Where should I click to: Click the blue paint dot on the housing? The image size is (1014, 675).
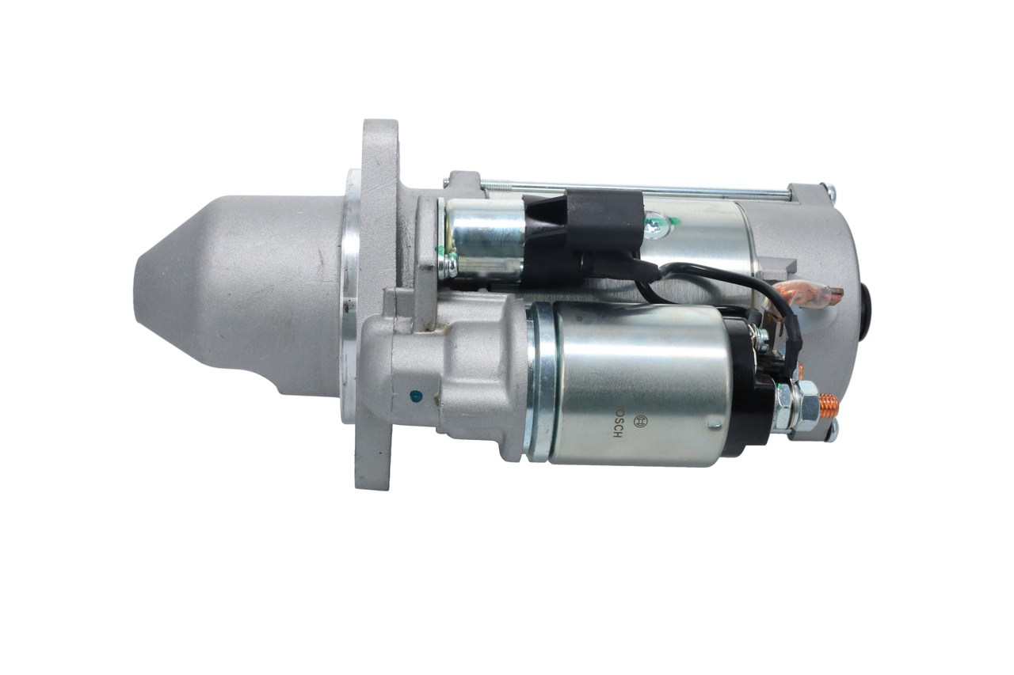click(x=412, y=393)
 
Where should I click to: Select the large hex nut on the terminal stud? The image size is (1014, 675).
click(x=804, y=405)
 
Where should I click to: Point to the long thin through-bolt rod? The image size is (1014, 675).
click(x=634, y=190)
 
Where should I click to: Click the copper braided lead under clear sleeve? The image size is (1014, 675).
click(x=813, y=294)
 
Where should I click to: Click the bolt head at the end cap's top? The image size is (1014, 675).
click(x=829, y=191)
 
